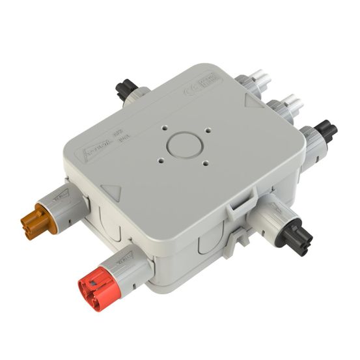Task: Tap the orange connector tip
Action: tap(36, 221)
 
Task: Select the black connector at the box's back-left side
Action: tap(126, 89)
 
